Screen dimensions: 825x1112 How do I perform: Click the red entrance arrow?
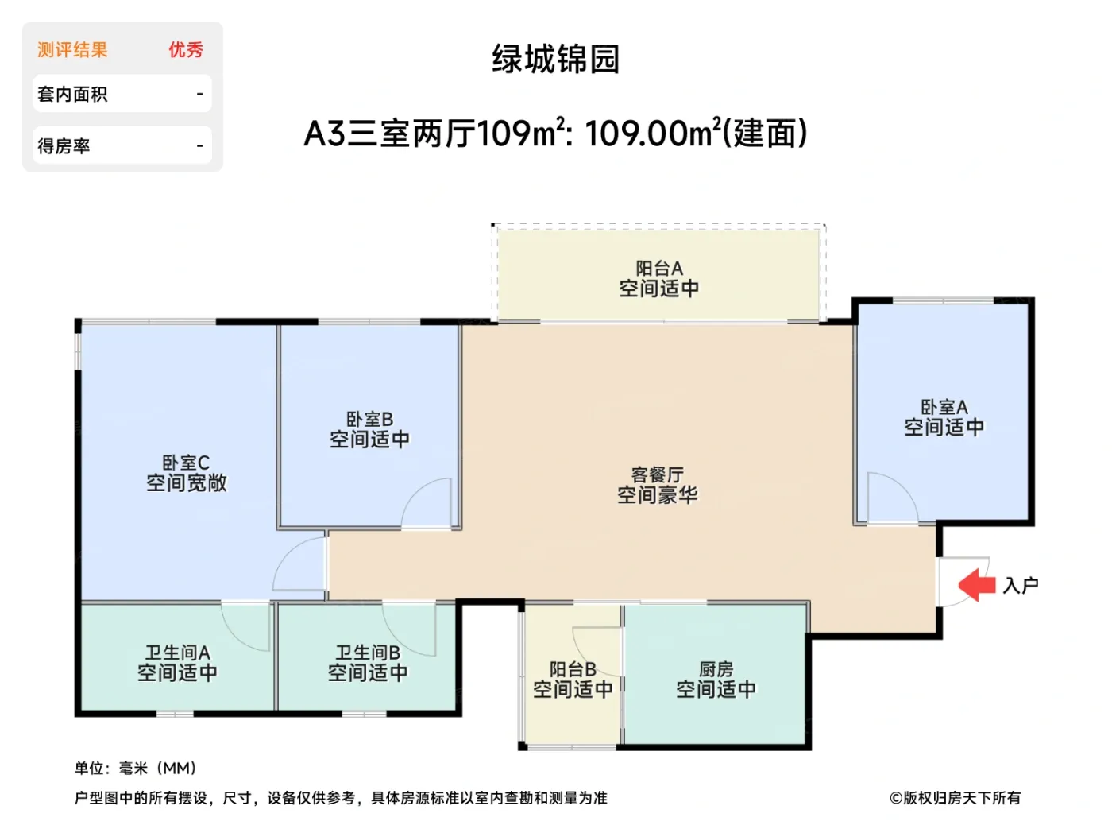pyautogui.click(x=976, y=586)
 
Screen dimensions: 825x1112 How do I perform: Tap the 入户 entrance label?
pyautogui.click(x=1021, y=586)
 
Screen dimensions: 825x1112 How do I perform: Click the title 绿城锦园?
pyautogui.click(x=555, y=59)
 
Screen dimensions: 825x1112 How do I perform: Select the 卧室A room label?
pyautogui.click(x=944, y=408)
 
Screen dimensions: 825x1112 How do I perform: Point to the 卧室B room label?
pyautogui.click(x=369, y=420)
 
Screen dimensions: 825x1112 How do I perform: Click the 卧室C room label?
pyautogui.click(x=186, y=463)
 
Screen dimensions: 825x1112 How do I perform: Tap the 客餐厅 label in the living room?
pyautogui.click(x=657, y=475)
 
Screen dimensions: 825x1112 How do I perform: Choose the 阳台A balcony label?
pyautogui.click(x=659, y=269)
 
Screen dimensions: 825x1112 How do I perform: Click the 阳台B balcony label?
pyautogui.click(x=573, y=670)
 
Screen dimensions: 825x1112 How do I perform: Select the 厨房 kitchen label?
pyautogui.click(x=716, y=670)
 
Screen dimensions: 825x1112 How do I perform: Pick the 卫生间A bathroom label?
pyautogui.click(x=177, y=653)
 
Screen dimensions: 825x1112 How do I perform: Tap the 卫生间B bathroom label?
pyautogui.click(x=368, y=653)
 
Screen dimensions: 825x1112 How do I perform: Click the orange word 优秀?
pyautogui.click(x=186, y=50)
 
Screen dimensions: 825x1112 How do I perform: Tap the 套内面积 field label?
pyautogui.click(x=72, y=95)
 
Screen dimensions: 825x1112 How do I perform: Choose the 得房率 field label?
pyautogui.click(x=64, y=146)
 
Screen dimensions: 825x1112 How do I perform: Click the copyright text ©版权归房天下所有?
pyautogui.click(x=955, y=798)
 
